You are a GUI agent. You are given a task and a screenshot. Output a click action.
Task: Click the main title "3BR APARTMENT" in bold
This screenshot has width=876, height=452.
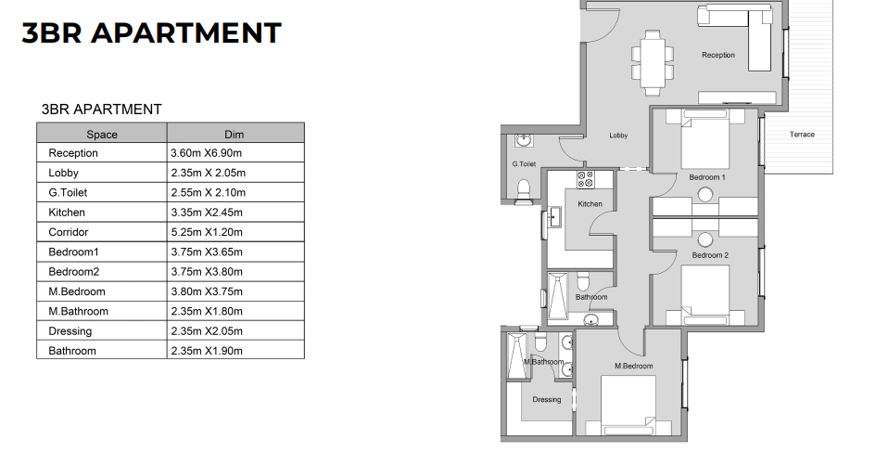[x=151, y=32]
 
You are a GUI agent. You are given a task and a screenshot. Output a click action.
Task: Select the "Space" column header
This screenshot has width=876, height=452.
[x=102, y=135]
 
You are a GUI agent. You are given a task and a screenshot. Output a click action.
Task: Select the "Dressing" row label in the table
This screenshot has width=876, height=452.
[x=70, y=331]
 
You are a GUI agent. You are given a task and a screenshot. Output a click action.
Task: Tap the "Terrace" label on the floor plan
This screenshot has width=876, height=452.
[x=802, y=135]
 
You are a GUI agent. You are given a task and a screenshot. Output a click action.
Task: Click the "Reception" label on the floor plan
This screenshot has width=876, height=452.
[x=717, y=56]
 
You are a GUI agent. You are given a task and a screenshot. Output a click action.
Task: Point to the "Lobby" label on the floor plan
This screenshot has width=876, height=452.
[x=618, y=136]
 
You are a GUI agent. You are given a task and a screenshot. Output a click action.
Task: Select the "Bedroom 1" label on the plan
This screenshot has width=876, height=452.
[x=707, y=176]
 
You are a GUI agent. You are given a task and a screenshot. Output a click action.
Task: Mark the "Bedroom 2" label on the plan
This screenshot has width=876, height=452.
[x=710, y=255]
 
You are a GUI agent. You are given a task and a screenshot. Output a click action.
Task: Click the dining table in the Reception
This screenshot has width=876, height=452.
[x=654, y=59]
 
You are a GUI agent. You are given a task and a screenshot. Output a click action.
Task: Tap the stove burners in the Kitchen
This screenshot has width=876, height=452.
[x=585, y=179]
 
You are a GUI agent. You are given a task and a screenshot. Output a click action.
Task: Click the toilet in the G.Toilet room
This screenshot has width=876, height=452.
[x=523, y=190]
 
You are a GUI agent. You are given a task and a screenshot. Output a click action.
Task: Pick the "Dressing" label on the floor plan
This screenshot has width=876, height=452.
[x=546, y=400]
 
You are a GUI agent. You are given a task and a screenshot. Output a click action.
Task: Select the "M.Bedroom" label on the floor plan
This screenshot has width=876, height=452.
[x=634, y=366]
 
